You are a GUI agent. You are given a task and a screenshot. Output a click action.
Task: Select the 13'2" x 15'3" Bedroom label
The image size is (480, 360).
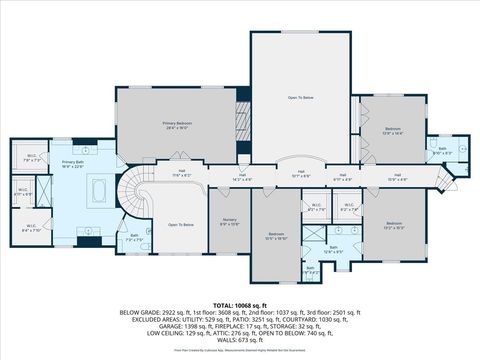pyautogui.click(x=393, y=225)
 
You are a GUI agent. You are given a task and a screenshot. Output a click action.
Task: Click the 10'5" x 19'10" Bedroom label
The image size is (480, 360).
pyautogui.click(x=276, y=236)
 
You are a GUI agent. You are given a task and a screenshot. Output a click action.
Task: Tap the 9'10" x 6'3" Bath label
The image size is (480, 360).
pyautogui.click(x=442, y=151)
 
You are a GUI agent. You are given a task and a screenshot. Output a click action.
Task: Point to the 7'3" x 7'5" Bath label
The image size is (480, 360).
pyautogui.click(x=135, y=238)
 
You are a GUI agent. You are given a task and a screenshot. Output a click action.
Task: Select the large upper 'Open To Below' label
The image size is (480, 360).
pyautogui.click(x=300, y=98)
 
